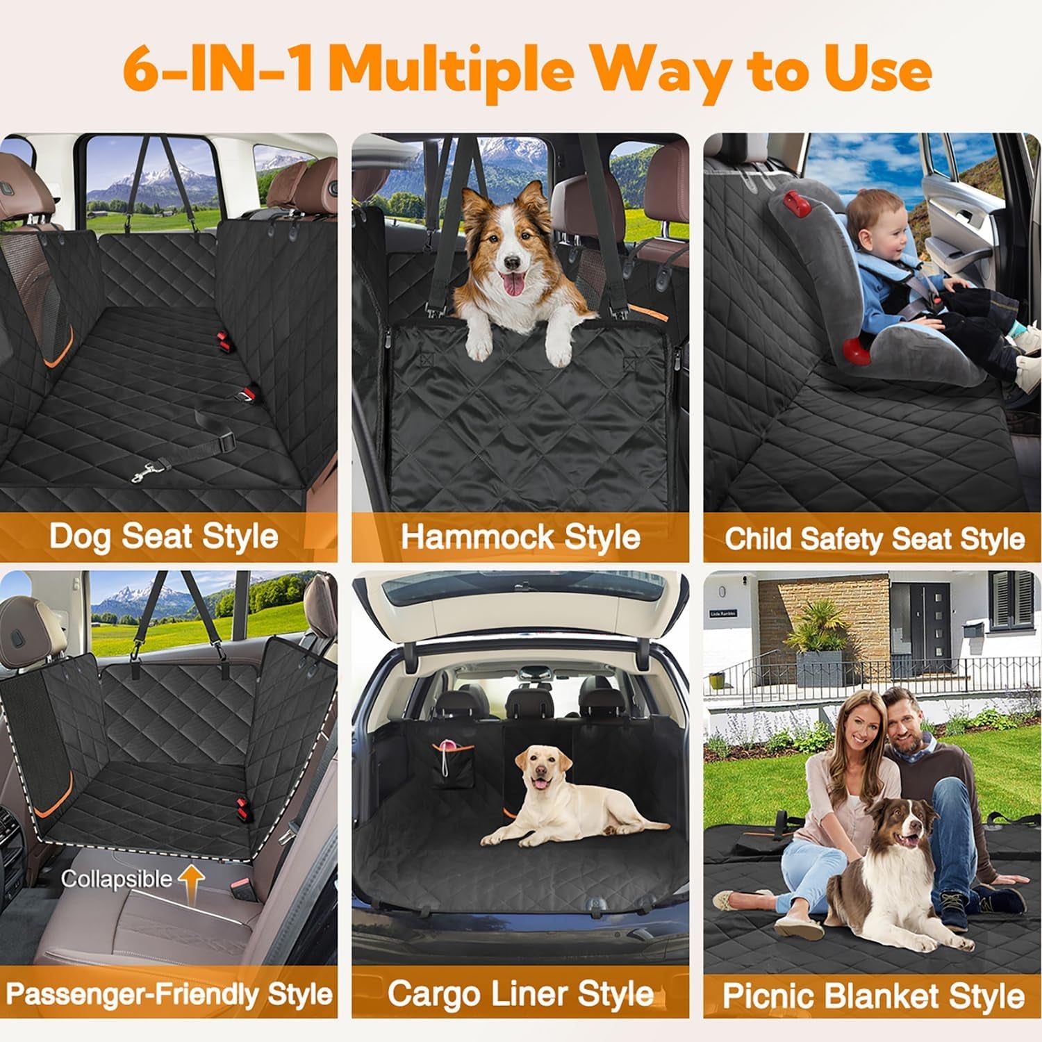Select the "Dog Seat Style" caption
[164, 537]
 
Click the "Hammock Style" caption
[520, 537]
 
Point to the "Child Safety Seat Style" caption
[874, 538]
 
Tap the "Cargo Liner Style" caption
[520, 994]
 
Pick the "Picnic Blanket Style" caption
[873, 995]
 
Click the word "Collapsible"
[116, 879]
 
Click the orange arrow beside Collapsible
[192, 879]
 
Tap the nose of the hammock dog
[512, 263]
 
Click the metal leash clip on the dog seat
[147, 473]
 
